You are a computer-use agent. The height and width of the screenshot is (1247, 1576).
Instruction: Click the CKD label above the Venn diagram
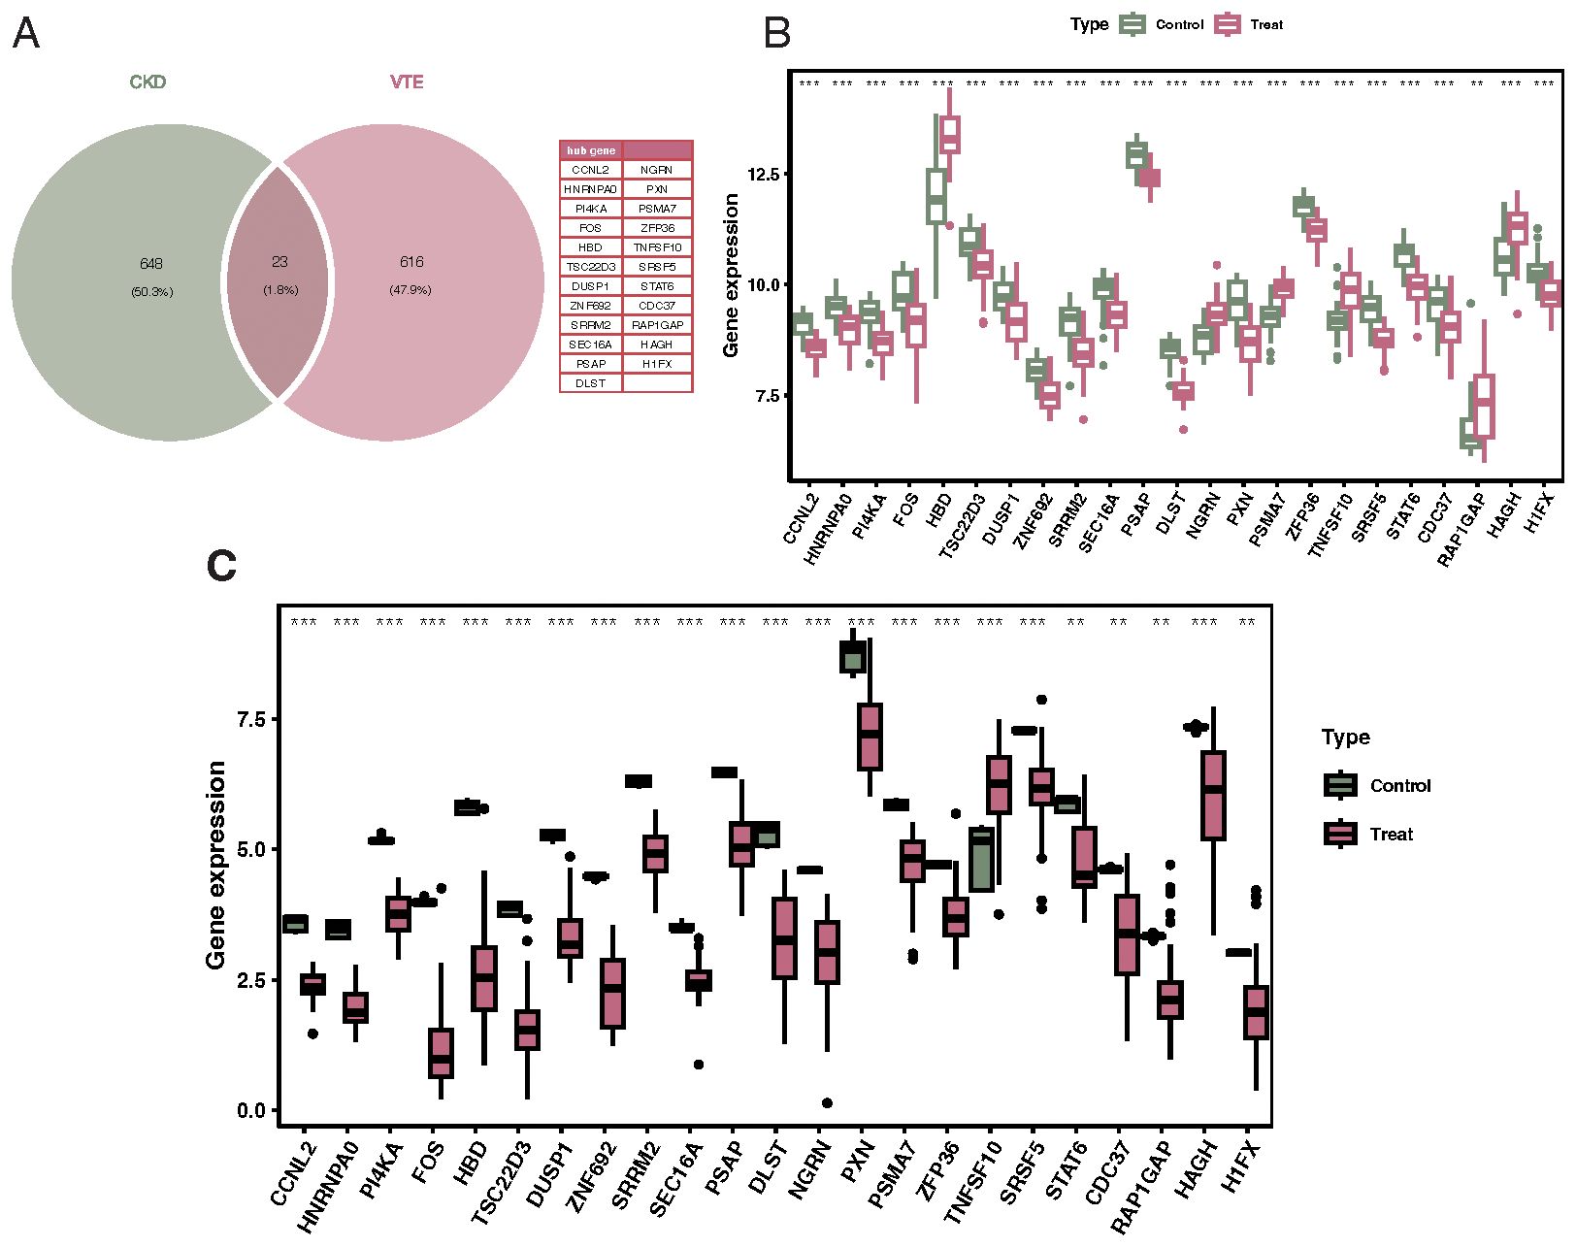coord(148,82)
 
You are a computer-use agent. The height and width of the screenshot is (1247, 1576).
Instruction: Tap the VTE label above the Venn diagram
coord(407,82)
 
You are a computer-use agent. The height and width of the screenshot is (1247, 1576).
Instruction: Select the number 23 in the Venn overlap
coord(280,262)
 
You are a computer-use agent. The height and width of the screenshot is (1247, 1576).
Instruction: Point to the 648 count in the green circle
coord(151,264)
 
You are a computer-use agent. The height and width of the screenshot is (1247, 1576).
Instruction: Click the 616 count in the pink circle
coord(410,262)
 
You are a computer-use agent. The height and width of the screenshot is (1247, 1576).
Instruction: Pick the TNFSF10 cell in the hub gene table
coord(657,247)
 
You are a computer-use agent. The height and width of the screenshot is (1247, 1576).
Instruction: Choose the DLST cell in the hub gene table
coord(590,383)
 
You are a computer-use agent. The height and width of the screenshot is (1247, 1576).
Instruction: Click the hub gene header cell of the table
coord(590,150)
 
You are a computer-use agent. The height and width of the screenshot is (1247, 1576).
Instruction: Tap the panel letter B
coord(776,33)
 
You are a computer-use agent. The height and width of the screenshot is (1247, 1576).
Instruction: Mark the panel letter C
coord(221,566)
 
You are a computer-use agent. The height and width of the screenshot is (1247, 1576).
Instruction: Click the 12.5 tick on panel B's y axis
coord(763,175)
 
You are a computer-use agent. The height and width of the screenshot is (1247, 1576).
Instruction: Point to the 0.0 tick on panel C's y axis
coord(251,1110)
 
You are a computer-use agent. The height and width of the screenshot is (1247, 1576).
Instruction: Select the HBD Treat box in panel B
coord(949,134)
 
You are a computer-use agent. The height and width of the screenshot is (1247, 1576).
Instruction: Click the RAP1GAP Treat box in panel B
coord(1484,406)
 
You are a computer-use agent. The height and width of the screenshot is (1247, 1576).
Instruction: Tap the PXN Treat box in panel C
coord(870,736)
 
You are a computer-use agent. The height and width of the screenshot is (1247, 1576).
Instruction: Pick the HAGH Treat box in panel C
coord(1213,795)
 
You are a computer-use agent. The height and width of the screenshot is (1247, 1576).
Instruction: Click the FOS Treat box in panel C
coord(441,1052)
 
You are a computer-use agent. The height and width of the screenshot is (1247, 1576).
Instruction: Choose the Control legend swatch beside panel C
coord(1340,785)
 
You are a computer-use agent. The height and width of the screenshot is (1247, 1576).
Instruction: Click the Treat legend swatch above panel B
coord(1229,24)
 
